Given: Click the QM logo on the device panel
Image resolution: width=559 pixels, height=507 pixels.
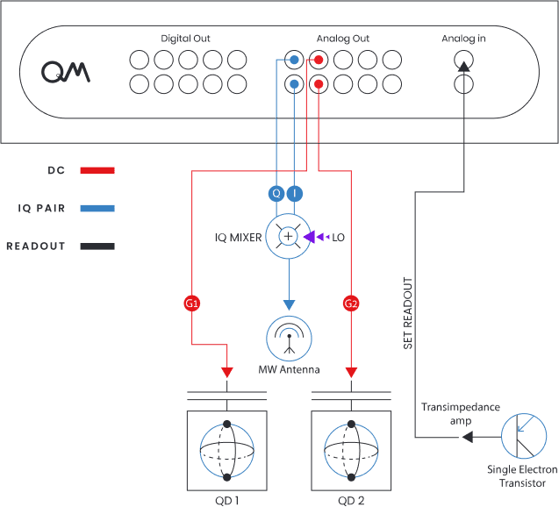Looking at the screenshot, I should pyautogui.click(x=66, y=72).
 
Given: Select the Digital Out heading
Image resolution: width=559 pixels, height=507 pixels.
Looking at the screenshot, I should pyautogui.click(x=185, y=39).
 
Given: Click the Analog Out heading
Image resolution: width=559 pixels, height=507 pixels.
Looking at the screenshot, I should pyautogui.click(x=342, y=39).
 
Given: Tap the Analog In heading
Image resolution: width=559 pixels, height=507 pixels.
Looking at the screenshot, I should pyautogui.click(x=463, y=39).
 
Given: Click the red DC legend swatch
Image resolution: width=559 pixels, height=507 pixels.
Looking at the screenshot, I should pyautogui.click(x=97, y=170).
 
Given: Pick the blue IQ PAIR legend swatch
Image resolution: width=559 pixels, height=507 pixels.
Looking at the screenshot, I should pyautogui.click(x=97, y=209).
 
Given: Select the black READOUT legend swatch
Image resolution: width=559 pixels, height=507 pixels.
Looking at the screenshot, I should pyautogui.click(x=97, y=246).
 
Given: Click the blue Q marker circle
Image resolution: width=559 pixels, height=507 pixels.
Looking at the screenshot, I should pyautogui.click(x=276, y=193).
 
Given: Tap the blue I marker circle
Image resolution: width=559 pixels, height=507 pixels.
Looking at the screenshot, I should pyautogui.click(x=295, y=193).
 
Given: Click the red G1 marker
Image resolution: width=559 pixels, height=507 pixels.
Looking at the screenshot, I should pyautogui.click(x=191, y=303).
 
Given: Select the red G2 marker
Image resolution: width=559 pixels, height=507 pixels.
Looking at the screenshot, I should pyautogui.click(x=351, y=303).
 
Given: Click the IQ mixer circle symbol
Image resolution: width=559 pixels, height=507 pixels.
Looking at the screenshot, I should pyautogui.click(x=287, y=236).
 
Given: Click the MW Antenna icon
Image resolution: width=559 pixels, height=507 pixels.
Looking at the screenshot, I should pyautogui.click(x=288, y=337).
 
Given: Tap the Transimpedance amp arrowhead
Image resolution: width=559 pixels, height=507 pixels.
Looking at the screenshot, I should pyautogui.click(x=468, y=437).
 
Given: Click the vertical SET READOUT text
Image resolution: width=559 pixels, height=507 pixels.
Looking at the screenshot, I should pyautogui.click(x=408, y=314).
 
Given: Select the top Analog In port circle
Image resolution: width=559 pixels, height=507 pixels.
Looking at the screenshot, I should pyautogui.click(x=463, y=61).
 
